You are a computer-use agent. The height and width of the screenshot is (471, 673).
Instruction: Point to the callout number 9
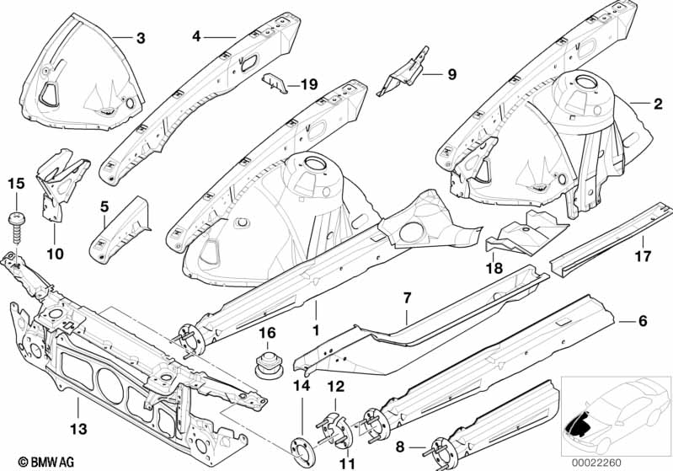[x=451, y=74]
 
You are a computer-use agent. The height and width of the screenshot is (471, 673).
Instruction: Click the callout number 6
[x=643, y=321]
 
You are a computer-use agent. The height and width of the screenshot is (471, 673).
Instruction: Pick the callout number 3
[x=140, y=37]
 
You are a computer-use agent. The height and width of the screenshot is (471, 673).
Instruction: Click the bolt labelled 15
[x=16, y=220]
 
